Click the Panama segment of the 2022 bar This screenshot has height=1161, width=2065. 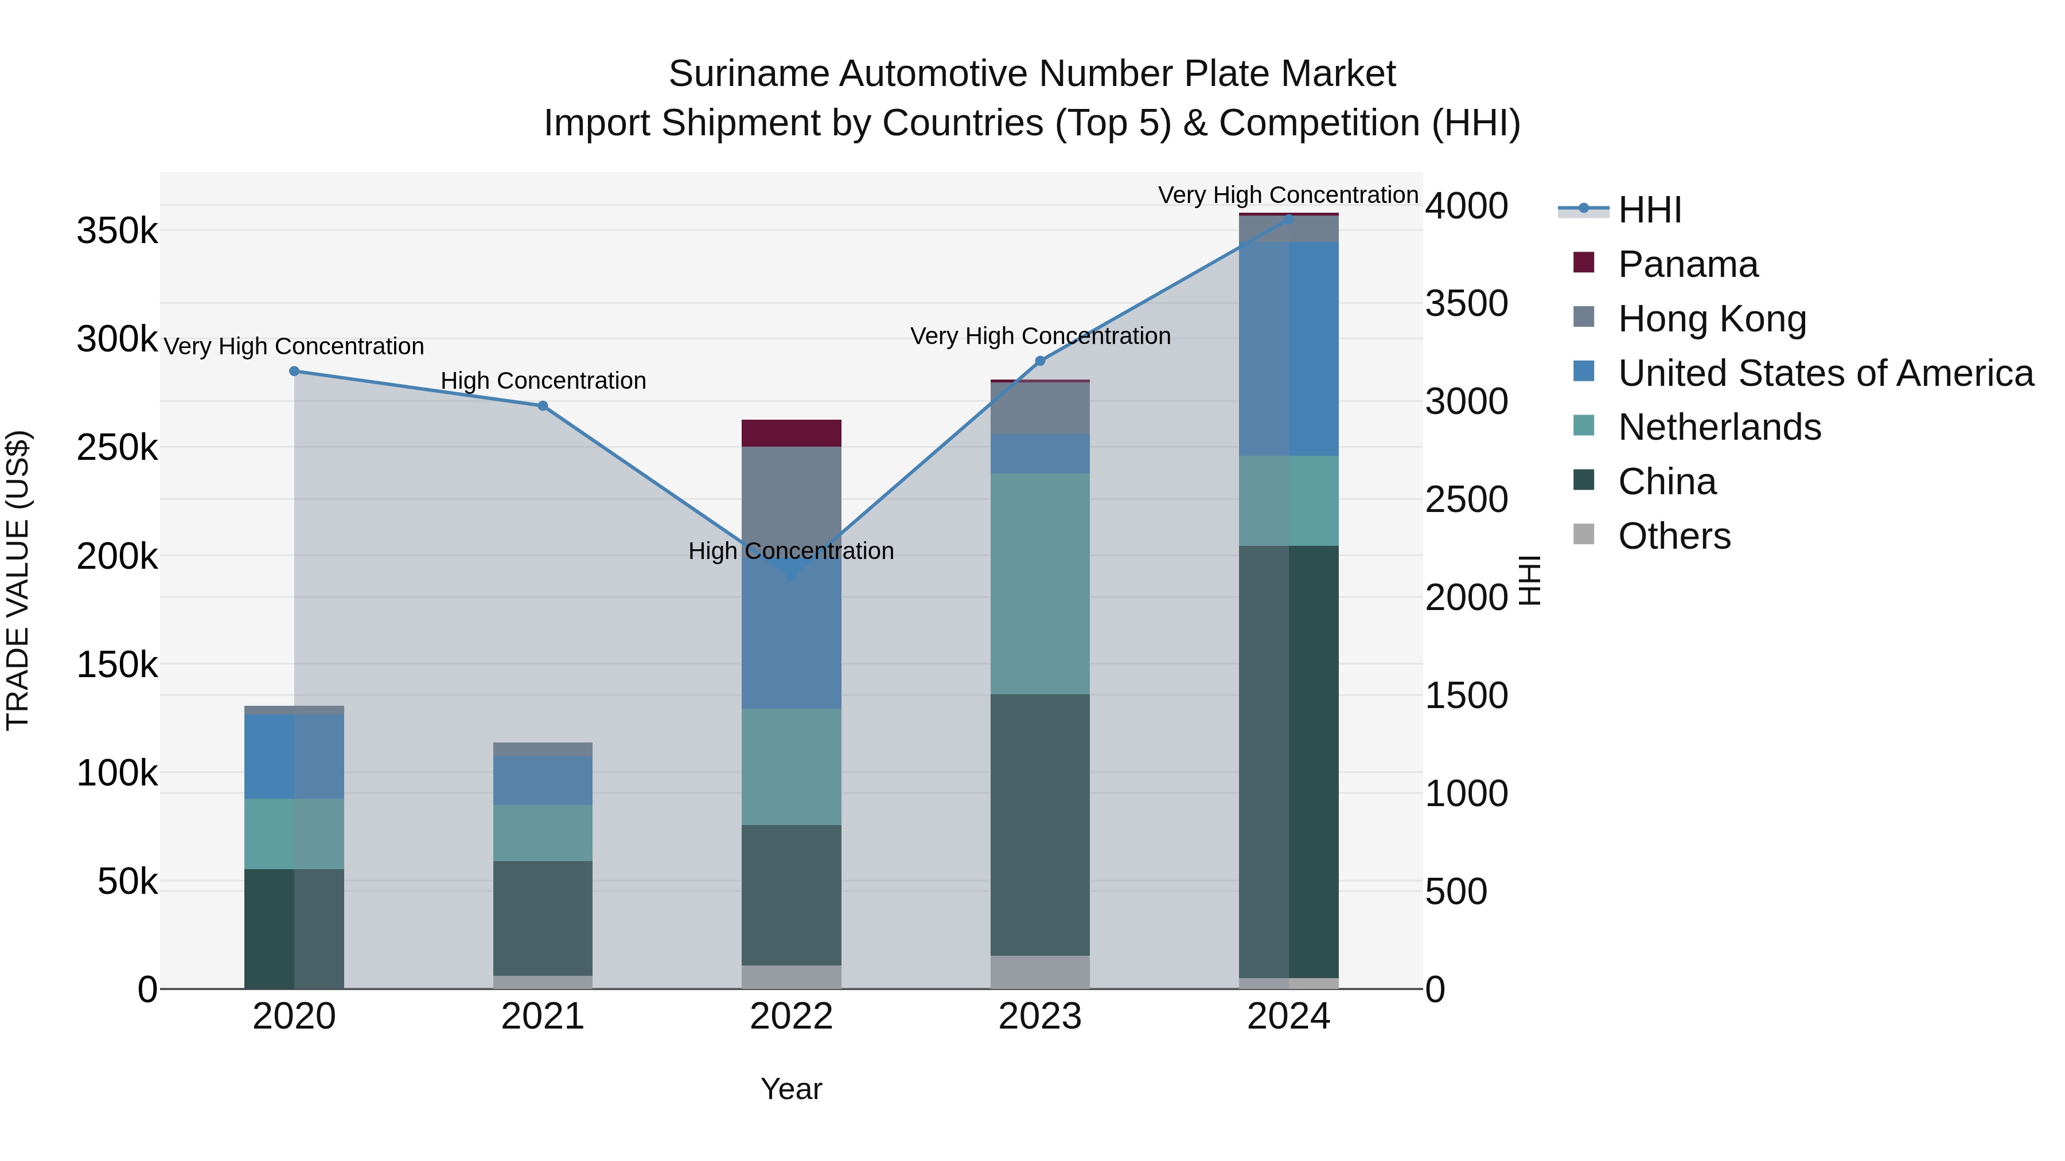pyautogui.click(x=790, y=433)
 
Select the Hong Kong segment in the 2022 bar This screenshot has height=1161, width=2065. pyautogui.click(x=790, y=492)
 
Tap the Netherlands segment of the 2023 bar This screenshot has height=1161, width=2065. pyautogui.click(x=1040, y=583)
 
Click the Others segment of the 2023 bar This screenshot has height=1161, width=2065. pyautogui.click(x=1040, y=971)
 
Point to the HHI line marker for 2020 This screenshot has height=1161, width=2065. pyautogui.click(x=294, y=371)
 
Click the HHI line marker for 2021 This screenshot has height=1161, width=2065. pyautogui.click(x=543, y=405)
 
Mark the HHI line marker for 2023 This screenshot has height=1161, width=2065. pyautogui.click(x=1040, y=361)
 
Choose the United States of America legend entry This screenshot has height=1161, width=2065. pyautogui.click(x=1825, y=373)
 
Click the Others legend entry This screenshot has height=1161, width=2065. pyautogui.click(x=1674, y=536)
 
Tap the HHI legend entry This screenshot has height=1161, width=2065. pyautogui.click(x=1649, y=210)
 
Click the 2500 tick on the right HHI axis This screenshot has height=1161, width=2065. pyautogui.click(x=1466, y=499)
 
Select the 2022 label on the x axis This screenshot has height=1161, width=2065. pyautogui.click(x=790, y=1017)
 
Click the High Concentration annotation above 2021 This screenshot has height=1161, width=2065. pyautogui.click(x=543, y=381)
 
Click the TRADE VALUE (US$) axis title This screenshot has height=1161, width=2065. pyautogui.click(x=18, y=580)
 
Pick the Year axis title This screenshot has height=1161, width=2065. pyautogui.click(x=790, y=1089)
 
